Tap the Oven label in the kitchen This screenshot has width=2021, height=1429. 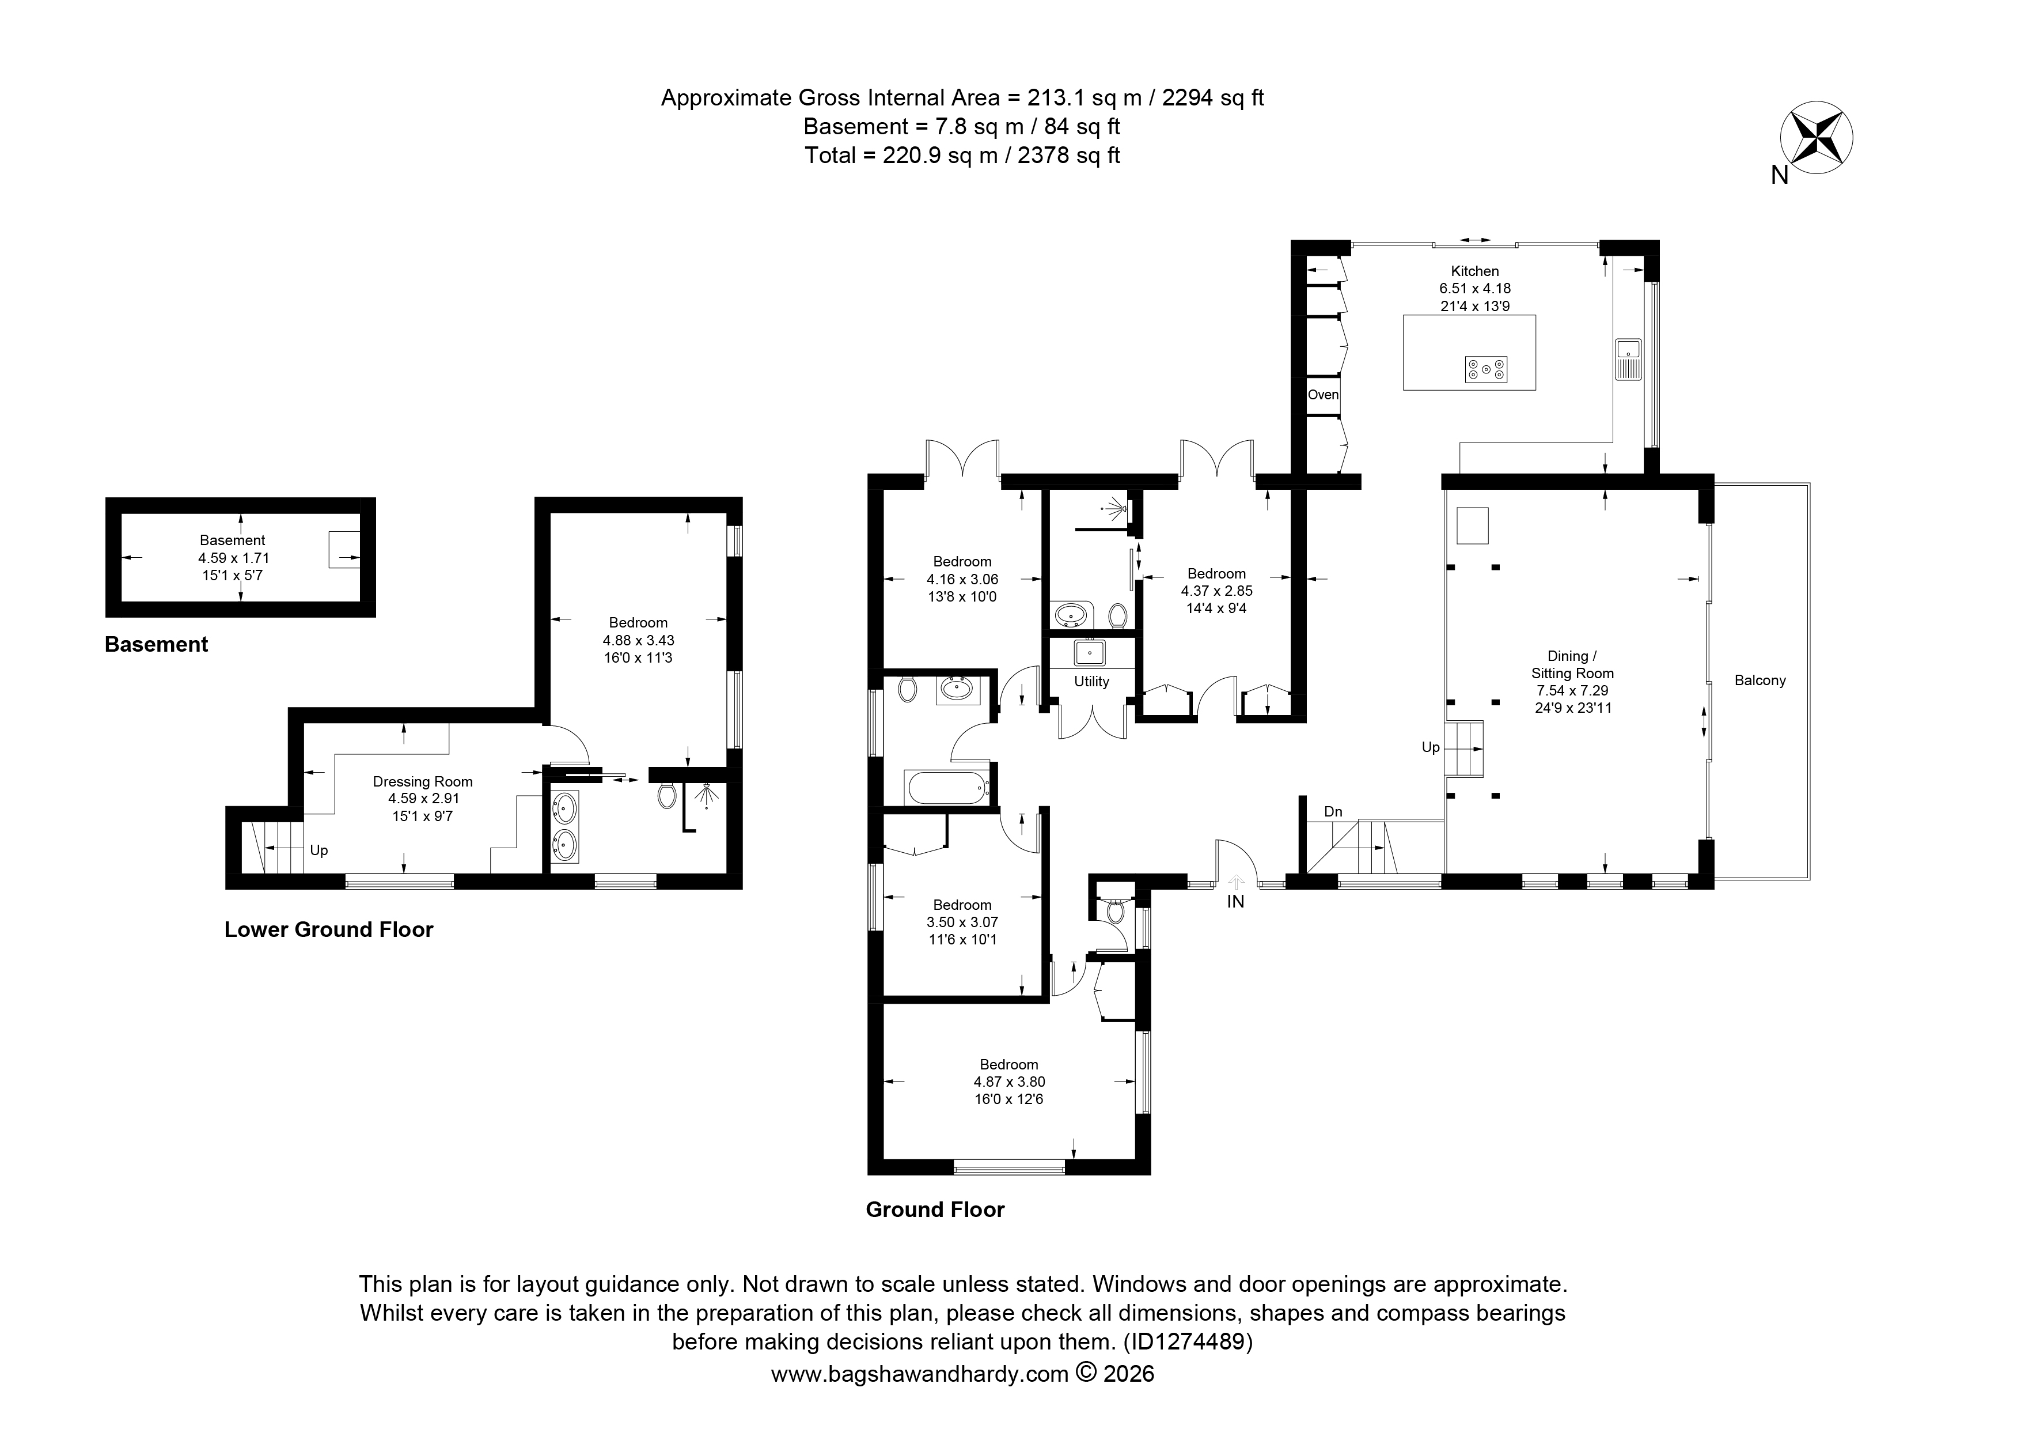(x=1323, y=395)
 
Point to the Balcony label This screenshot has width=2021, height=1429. (x=1760, y=681)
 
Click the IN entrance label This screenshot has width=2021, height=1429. (x=1236, y=902)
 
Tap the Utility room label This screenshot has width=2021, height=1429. (x=1091, y=682)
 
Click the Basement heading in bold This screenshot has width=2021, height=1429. (x=157, y=645)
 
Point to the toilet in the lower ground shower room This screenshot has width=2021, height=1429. (x=667, y=795)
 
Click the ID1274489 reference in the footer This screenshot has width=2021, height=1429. (x=1188, y=1343)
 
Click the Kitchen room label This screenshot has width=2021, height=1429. (x=1475, y=271)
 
